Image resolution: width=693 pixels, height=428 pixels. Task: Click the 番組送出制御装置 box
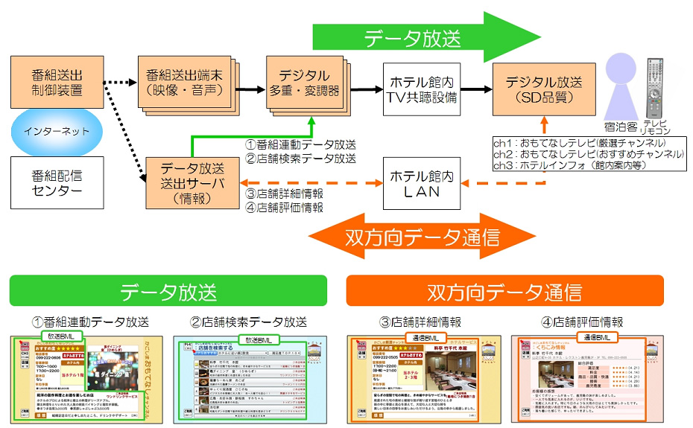(57, 83)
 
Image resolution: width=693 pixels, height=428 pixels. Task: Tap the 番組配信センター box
(57, 183)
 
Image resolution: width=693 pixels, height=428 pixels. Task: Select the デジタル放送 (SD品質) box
(543, 88)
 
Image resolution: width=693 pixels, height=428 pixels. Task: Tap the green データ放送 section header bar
(168, 291)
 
